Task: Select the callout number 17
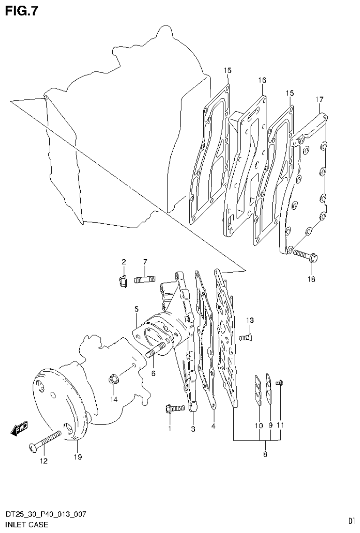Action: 319,99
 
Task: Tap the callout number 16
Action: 262,80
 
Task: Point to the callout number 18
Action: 312,279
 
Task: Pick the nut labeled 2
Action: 123,281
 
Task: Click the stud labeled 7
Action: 145,280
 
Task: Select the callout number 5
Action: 136,309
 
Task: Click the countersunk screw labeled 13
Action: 244,336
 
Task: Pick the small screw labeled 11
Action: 279,384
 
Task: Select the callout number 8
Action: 265,454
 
